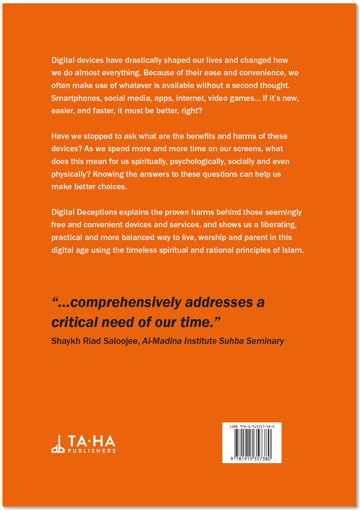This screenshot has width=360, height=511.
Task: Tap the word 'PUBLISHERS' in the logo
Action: pos(91,451)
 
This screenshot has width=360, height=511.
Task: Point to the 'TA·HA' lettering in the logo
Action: pos(91,441)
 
